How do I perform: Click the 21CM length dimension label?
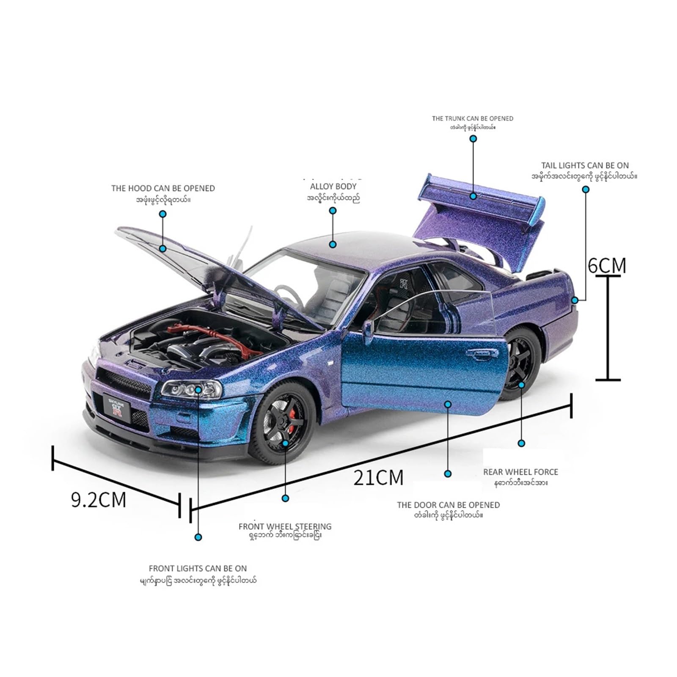[x=378, y=478]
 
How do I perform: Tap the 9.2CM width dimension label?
[x=99, y=500]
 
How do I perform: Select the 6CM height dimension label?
[x=607, y=265]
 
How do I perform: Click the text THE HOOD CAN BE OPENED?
[x=163, y=188]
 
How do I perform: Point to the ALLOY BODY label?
[x=333, y=186]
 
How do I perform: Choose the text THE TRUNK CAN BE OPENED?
[x=472, y=118]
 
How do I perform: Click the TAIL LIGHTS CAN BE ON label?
[x=585, y=165]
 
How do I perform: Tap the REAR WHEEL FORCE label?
[x=520, y=472]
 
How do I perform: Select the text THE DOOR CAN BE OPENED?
[x=448, y=505]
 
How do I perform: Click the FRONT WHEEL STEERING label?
[x=285, y=526]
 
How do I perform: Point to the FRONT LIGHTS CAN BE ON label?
[x=198, y=568]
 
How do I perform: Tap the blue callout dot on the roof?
[x=333, y=244]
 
